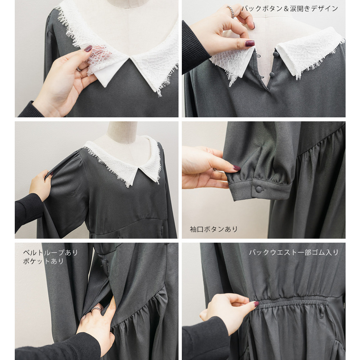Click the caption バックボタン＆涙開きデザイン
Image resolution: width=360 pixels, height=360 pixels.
(290, 9)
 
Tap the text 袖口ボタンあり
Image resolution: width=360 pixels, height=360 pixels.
(213, 229)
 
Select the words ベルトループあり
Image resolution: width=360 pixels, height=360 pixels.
(50, 253)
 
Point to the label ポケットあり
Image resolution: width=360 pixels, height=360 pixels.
(43, 261)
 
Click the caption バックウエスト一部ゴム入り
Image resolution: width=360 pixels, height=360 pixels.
(294, 253)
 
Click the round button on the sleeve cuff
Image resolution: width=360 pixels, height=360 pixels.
(259, 189)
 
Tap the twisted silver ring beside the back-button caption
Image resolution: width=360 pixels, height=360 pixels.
(230, 11)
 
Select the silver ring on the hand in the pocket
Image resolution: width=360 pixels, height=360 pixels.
(96, 309)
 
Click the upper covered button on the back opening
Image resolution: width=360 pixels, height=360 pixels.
(275, 54)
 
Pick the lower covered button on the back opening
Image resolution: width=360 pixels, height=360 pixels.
(272, 75)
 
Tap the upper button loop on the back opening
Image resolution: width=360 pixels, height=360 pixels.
(258, 56)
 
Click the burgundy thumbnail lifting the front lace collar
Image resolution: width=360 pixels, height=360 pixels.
(88, 49)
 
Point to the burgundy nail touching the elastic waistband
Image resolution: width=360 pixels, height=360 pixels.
(256, 304)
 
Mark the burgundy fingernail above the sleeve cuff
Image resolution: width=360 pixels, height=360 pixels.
(237, 168)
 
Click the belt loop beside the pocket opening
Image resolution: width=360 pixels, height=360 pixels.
(105, 266)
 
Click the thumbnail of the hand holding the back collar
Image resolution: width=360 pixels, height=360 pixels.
(249, 43)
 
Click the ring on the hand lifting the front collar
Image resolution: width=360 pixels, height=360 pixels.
(79, 69)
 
